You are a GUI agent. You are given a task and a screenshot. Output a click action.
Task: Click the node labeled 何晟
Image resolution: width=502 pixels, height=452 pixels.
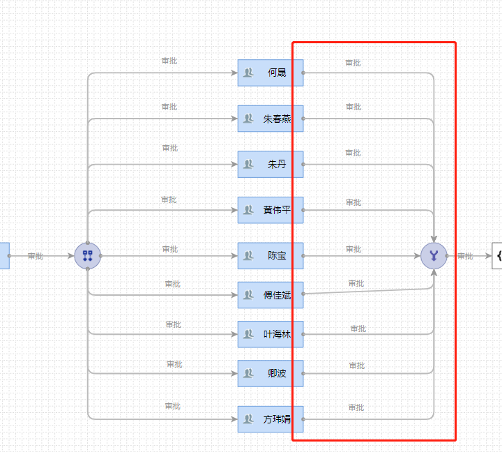point(271,73)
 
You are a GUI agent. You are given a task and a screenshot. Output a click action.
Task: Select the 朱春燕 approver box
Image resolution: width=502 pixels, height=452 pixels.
point(271,119)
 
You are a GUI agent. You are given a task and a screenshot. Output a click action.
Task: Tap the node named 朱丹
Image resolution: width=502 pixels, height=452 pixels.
point(271,165)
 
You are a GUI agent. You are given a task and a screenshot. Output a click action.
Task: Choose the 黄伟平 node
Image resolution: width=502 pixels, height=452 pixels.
point(271,210)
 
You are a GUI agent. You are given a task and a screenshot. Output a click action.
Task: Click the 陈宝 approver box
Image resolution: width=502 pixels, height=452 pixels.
point(271,256)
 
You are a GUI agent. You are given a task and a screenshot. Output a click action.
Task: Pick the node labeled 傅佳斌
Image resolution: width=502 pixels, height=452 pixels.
point(271,295)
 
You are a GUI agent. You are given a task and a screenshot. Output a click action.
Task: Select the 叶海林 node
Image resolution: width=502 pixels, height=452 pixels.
point(271,334)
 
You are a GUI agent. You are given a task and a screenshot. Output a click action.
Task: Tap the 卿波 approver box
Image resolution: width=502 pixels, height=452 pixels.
point(271,373)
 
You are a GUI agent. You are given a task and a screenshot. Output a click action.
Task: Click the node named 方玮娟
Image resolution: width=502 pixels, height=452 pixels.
point(271,419)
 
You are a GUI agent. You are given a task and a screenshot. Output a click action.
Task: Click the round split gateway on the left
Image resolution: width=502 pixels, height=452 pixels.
point(87,256)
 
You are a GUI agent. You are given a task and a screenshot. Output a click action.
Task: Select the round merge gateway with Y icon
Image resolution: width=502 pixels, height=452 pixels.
point(434,256)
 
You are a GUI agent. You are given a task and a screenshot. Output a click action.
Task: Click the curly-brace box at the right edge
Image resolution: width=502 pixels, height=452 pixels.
point(497,256)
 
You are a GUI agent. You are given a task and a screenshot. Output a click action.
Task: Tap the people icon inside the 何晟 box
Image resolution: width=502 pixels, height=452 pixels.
point(248,73)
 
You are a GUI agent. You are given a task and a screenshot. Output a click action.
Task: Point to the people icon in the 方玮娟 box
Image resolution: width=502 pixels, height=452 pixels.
point(248,419)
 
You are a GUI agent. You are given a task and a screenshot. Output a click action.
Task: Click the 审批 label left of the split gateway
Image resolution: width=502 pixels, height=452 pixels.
point(36,256)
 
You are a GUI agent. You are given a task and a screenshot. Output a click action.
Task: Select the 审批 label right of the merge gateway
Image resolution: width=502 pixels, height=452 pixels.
point(465,256)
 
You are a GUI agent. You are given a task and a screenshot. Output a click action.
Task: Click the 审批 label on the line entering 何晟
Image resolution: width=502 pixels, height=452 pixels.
point(169,61)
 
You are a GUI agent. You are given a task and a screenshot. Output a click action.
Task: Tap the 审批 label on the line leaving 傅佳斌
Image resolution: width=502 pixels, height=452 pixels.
point(356,283)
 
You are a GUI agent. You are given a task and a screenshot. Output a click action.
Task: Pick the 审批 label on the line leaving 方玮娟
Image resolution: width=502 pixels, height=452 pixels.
point(356,407)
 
